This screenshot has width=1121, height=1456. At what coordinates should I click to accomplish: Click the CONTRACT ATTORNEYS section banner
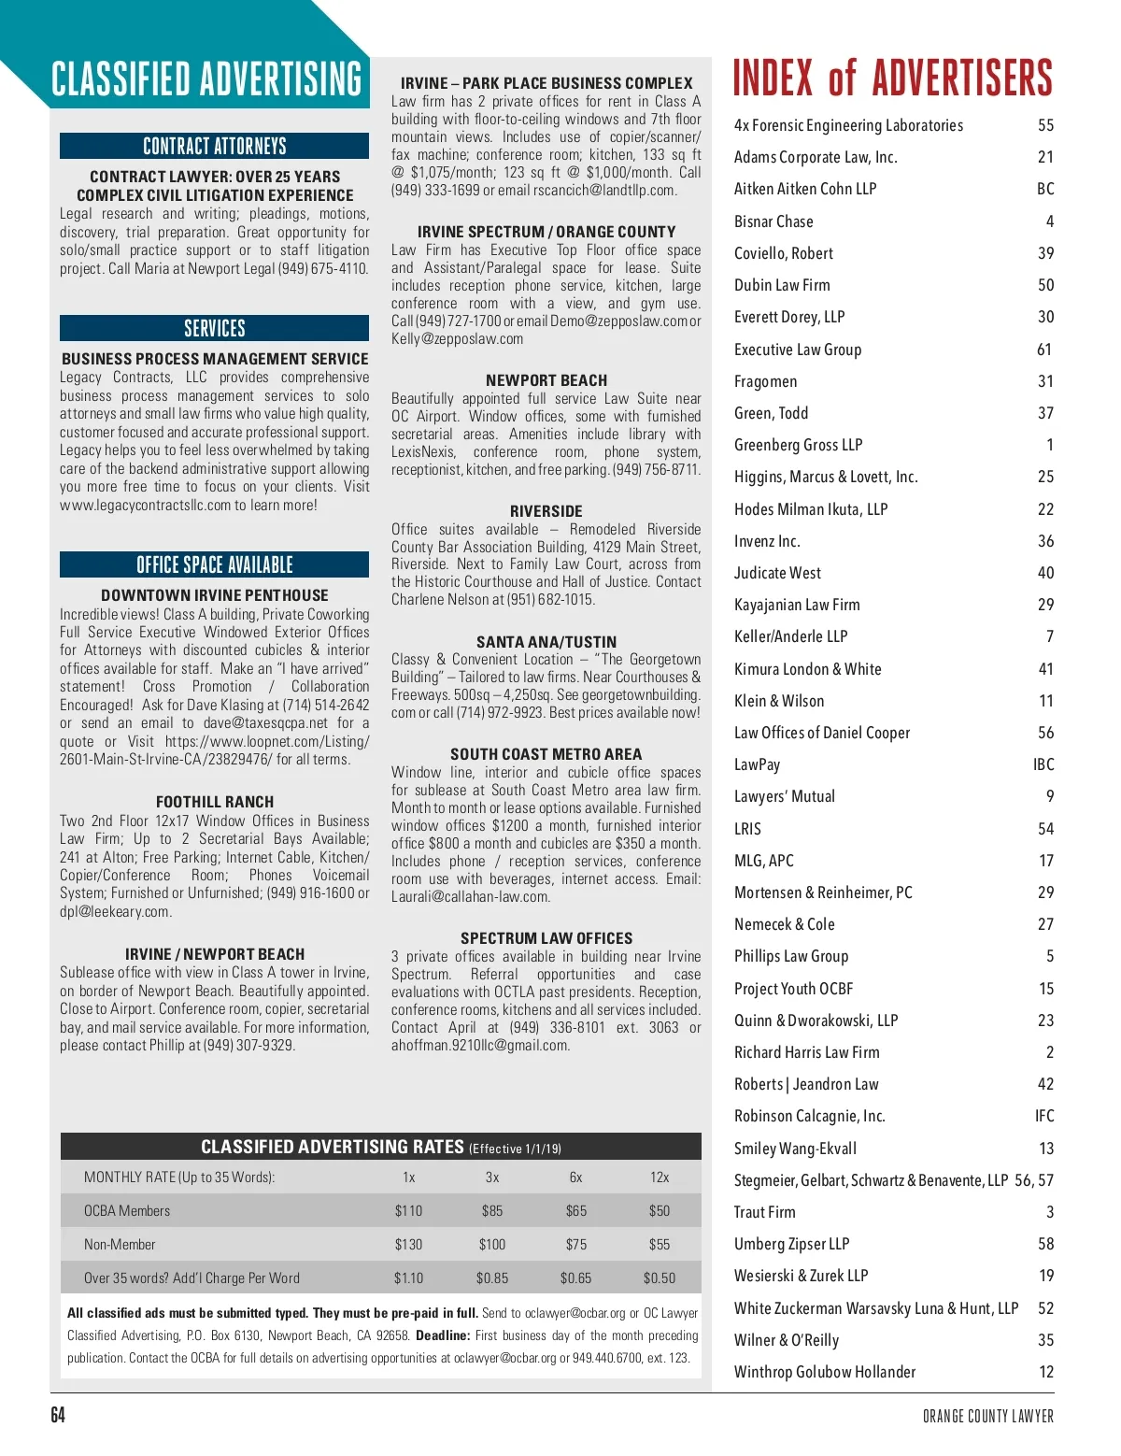coord(214,146)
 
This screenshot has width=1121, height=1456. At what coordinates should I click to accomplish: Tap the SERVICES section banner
coord(214,328)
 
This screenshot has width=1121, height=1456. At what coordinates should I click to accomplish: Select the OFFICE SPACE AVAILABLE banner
coord(214,564)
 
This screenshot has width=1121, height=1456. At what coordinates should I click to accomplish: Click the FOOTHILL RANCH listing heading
coord(214,802)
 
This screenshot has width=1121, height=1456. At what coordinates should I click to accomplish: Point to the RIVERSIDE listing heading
coord(546,511)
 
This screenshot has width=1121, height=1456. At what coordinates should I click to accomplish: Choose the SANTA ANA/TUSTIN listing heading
coord(546,642)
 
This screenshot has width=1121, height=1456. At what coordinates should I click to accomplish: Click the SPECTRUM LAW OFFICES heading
coord(546,938)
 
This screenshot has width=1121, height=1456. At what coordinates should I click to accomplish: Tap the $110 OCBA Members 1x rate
coord(408,1210)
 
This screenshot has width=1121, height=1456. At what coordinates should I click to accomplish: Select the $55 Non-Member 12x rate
coord(659,1244)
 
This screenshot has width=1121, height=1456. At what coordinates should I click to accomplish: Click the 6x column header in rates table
coord(575,1178)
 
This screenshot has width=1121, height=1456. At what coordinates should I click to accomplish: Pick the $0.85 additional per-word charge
coord(492,1278)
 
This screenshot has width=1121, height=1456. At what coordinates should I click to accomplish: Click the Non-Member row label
coord(120,1244)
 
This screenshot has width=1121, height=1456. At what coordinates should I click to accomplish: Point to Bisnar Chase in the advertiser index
coord(773,221)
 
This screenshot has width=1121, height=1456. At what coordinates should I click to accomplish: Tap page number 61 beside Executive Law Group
coord(1044,350)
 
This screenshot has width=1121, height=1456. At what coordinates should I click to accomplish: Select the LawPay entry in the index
coord(757,764)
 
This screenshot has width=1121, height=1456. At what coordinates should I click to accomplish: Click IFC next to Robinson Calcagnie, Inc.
coord(1043,1116)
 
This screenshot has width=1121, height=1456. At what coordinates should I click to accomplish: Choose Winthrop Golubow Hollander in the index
coord(824,1372)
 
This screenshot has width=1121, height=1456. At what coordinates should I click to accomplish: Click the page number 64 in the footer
coord(58,1415)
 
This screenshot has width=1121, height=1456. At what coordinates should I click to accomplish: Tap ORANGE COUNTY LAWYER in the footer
coord(987,1416)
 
